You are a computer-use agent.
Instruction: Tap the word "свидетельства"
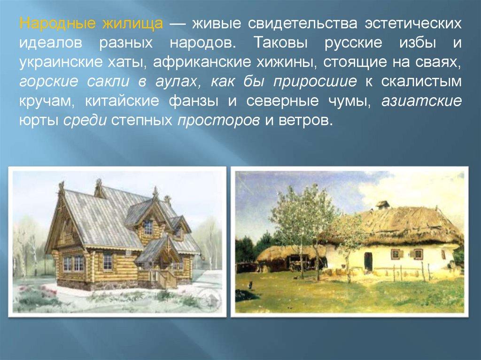[303, 23]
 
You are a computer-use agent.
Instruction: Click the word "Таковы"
[281, 43]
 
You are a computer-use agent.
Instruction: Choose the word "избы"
[418, 43]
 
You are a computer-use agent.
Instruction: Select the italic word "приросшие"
[315, 82]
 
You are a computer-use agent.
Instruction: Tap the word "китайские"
[122, 101]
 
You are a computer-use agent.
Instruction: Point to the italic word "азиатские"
[421, 101]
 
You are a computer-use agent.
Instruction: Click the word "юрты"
[39, 121]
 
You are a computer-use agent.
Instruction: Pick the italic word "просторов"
[218, 121]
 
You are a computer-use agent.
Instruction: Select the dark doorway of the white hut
[368, 262]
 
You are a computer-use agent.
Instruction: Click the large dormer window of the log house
[148, 227]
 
